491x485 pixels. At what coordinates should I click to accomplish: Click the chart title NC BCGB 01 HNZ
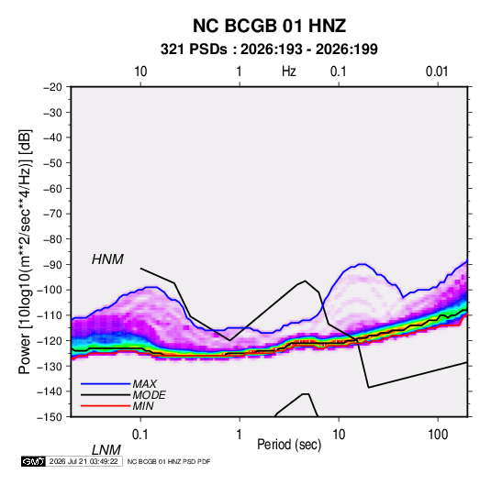click(269, 26)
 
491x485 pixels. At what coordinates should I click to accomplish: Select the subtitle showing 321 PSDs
click(269, 50)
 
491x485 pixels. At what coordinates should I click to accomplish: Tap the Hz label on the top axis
click(289, 72)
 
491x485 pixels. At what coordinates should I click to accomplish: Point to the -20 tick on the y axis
click(52, 87)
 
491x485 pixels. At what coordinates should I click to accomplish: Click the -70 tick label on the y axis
click(52, 214)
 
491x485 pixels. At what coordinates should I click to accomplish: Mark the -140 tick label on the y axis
click(50, 391)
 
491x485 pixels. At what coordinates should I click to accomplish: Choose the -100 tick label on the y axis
click(50, 290)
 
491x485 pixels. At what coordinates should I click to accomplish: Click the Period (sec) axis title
click(289, 445)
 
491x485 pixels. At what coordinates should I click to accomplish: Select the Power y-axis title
click(25, 251)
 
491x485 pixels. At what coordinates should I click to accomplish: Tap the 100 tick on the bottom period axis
click(438, 435)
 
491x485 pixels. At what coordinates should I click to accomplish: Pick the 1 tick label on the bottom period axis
click(240, 435)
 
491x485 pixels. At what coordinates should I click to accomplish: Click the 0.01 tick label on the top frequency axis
click(437, 72)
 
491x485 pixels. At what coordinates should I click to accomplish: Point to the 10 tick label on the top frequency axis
click(140, 72)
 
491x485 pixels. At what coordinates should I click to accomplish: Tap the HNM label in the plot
click(107, 259)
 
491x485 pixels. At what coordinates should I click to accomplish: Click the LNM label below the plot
click(106, 450)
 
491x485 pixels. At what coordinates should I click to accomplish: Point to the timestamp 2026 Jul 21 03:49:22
click(84, 461)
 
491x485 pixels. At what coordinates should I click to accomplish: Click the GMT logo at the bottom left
click(34, 461)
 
